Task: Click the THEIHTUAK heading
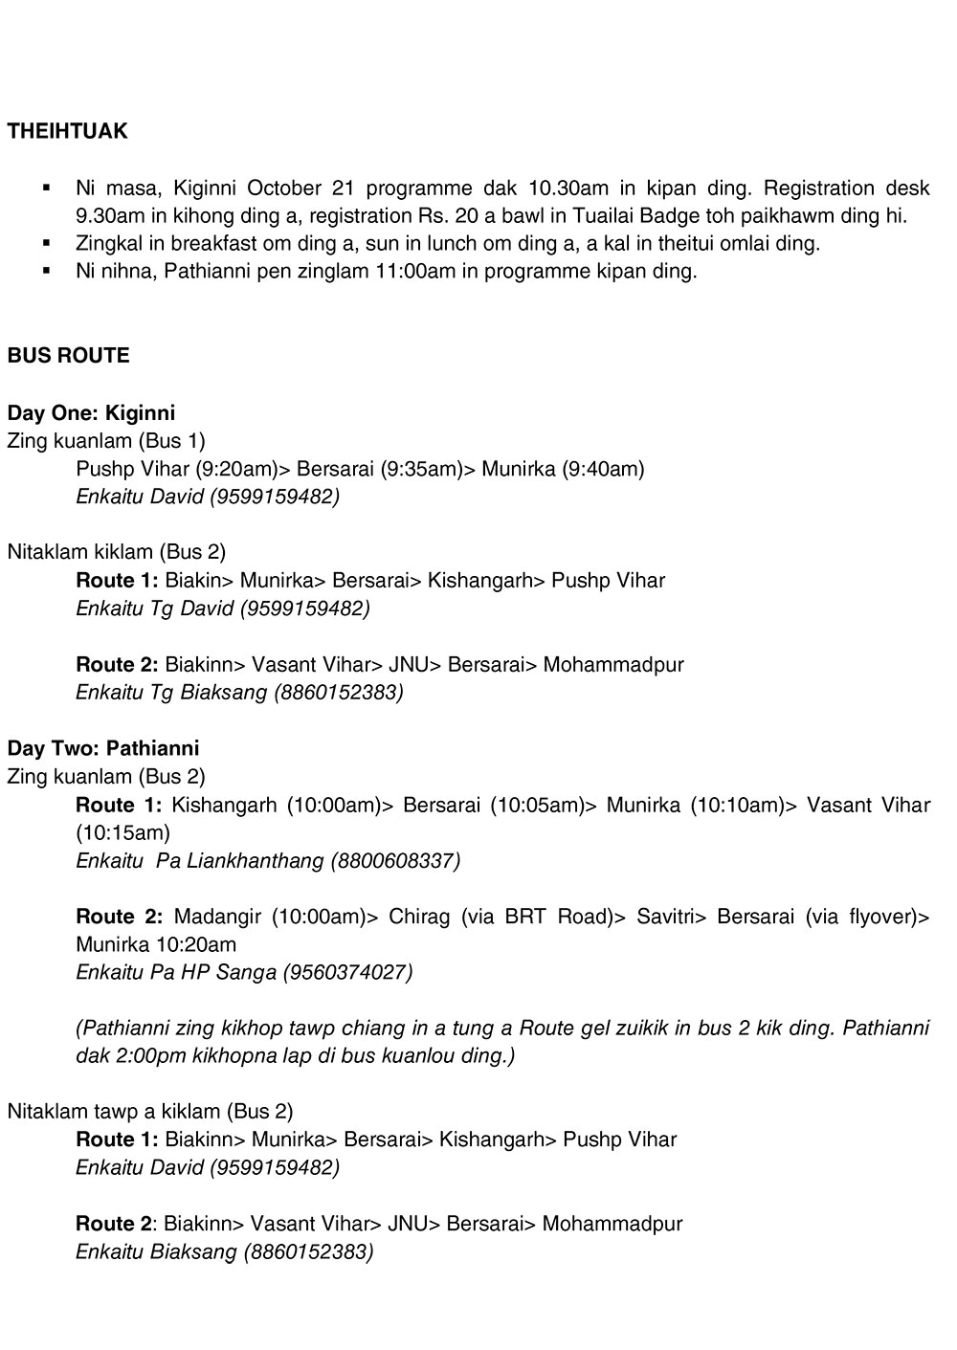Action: [x=67, y=132]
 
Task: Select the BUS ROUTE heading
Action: [x=68, y=356]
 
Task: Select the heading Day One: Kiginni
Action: [x=91, y=413]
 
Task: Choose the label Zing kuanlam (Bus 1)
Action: [x=105, y=441]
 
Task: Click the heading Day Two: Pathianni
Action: [x=102, y=748]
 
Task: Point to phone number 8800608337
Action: [x=395, y=860]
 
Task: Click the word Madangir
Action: [x=217, y=917]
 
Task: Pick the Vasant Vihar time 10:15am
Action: [x=122, y=832]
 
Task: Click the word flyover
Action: [x=879, y=917]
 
